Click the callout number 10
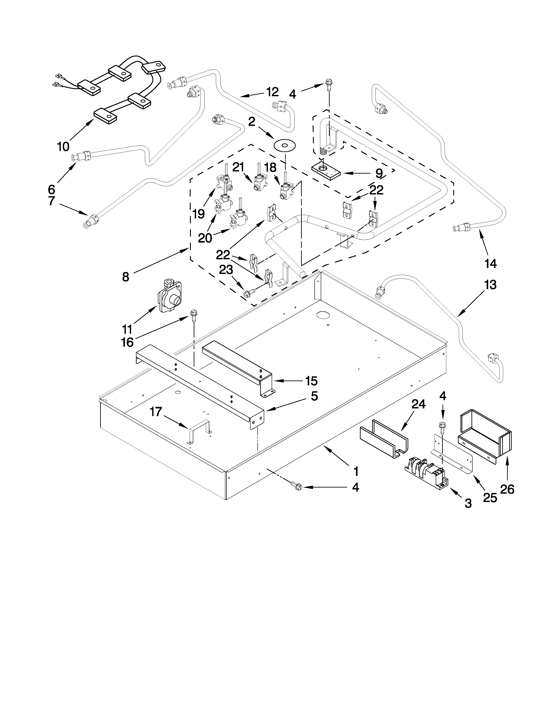point(63,146)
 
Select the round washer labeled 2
point(285,145)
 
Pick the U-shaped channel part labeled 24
point(384,439)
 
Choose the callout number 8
point(125,277)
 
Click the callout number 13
point(490,285)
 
